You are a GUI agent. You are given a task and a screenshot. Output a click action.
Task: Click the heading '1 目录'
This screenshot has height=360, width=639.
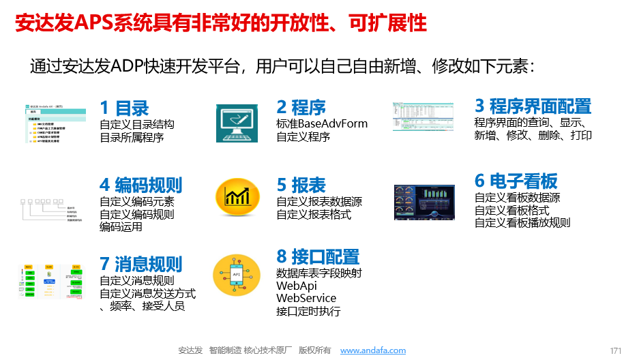(124, 108)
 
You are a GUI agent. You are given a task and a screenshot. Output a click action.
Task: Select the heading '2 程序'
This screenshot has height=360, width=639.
(301, 108)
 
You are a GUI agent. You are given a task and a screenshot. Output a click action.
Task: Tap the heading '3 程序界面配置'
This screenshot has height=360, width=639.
(533, 106)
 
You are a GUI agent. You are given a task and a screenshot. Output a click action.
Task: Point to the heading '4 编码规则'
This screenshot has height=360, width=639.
(140, 185)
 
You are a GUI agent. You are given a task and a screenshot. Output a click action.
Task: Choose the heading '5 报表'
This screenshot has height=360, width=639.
(301, 185)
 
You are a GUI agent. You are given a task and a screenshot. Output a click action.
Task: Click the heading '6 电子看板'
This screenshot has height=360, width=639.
(516, 181)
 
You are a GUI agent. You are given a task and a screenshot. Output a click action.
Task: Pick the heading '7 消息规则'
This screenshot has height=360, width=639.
(140, 264)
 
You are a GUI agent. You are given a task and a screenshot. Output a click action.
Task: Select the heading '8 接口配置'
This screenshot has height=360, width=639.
(318, 257)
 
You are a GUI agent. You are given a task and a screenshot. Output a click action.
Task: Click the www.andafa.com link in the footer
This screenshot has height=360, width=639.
(372, 350)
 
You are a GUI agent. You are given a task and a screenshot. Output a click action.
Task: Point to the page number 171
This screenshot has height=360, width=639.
(616, 350)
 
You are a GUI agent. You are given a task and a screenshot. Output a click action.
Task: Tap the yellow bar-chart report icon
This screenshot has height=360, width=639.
(237, 196)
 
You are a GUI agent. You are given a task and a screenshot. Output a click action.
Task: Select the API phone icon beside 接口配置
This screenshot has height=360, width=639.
(237, 275)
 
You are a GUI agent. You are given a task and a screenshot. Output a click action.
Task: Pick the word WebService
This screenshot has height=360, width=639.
(306, 299)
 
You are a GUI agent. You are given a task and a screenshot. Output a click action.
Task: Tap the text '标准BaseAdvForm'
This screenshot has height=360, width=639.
(322, 124)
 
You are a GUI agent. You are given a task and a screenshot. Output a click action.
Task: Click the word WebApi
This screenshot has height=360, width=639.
(297, 286)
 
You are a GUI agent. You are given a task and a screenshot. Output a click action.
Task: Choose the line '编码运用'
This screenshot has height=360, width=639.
(121, 227)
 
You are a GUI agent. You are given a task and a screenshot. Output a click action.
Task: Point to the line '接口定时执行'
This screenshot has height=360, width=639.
(308, 312)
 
